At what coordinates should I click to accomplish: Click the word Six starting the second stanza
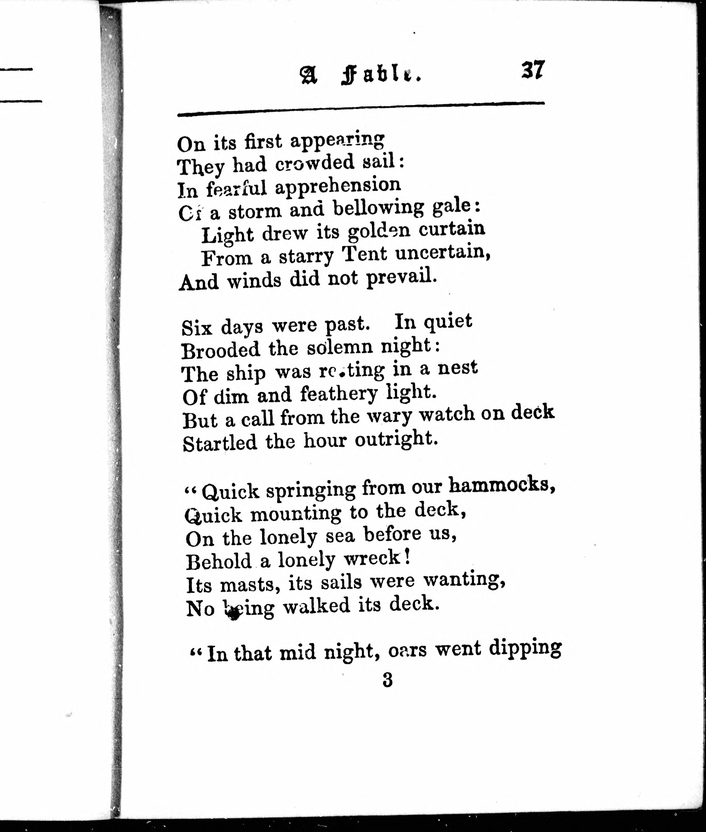(196, 327)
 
